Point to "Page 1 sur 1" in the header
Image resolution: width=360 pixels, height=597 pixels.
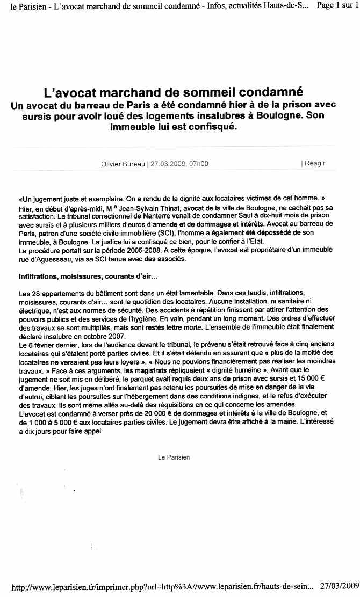(337, 5)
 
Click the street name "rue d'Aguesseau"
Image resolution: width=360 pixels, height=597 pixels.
(42, 259)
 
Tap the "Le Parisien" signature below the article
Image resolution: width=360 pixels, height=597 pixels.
(174, 457)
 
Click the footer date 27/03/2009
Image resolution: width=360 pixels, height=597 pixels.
(339, 586)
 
